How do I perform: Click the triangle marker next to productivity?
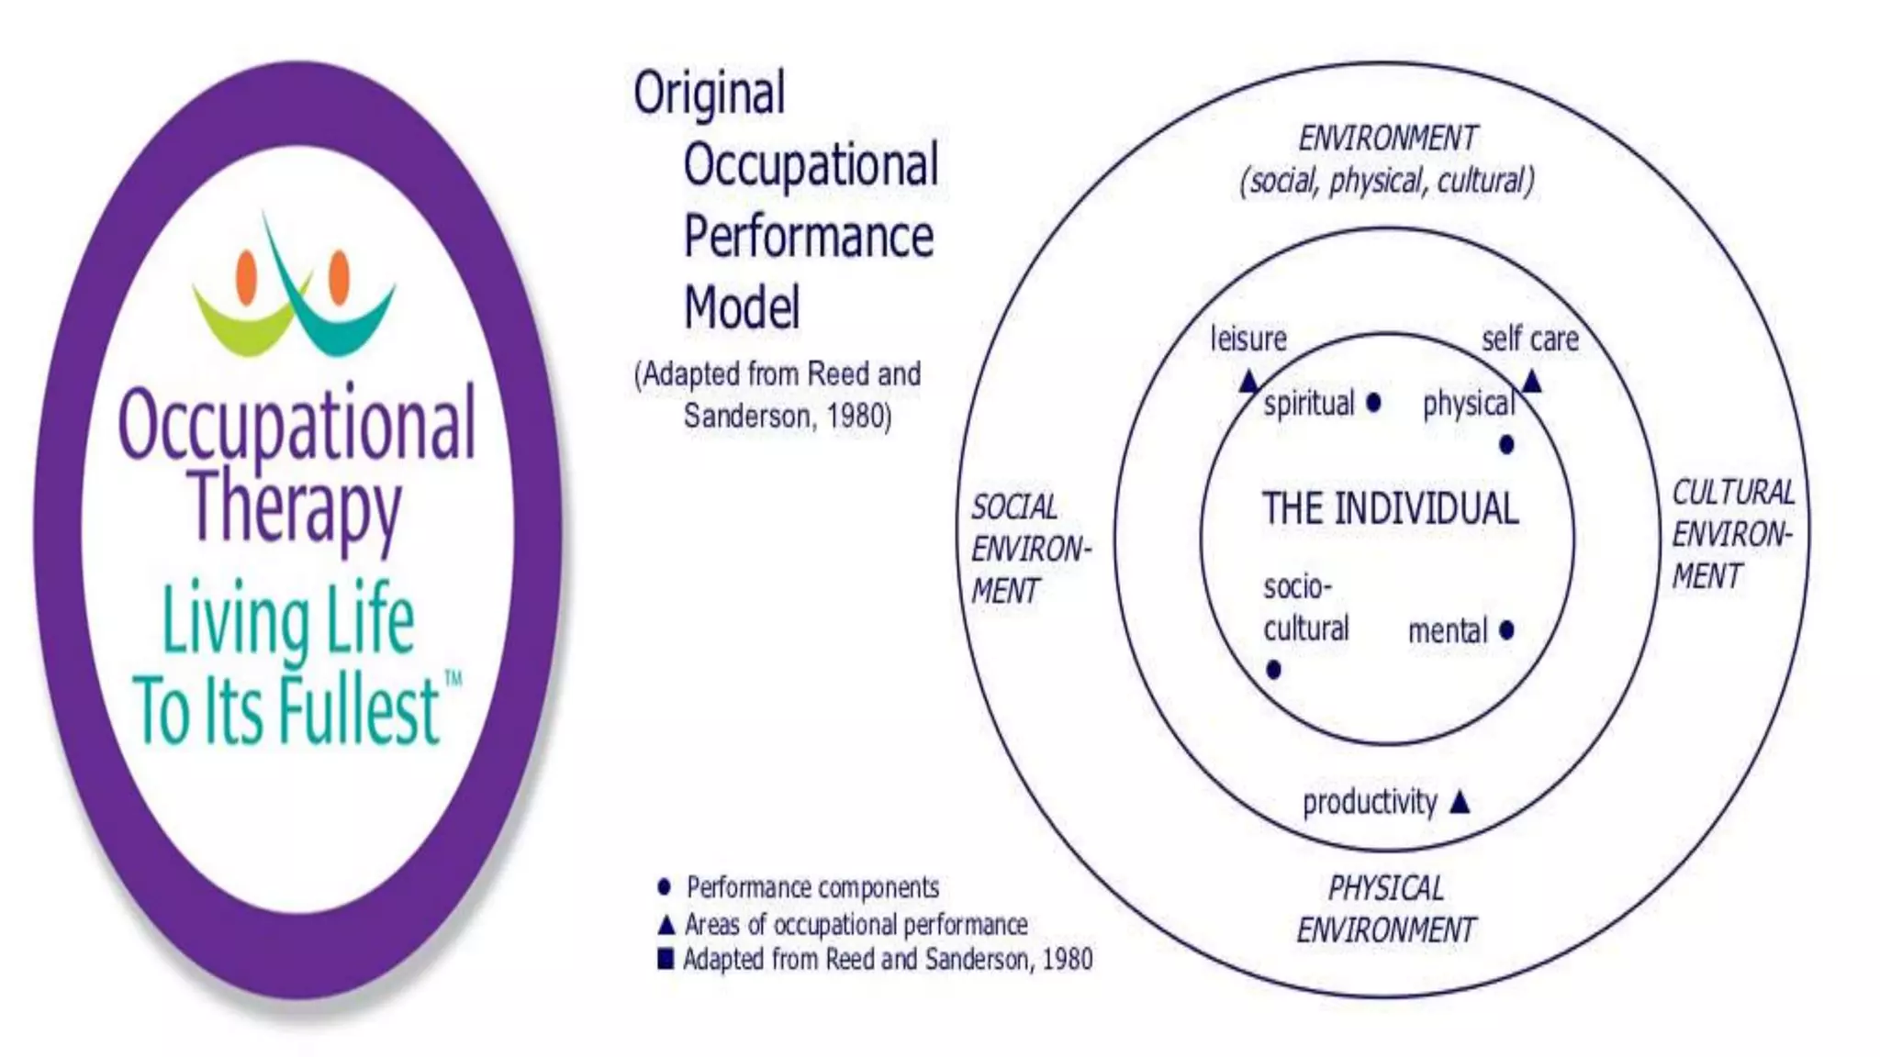coord(1460,804)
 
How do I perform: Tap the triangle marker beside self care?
coord(1530,381)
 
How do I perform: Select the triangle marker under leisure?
coord(1248,381)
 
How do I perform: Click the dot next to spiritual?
coord(1373,403)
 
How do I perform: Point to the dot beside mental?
coord(1506,630)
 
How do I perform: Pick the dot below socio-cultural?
coord(1273,670)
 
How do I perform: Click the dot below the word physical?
coord(1506,445)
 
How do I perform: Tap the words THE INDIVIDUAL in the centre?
coord(1390,508)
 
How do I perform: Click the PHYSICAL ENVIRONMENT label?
coord(1386,908)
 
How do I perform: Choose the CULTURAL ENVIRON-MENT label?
coord(1731,534)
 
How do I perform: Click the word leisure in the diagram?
coord(1248,339)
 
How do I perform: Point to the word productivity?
coord(1369,802)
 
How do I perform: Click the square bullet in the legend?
coord(666,959)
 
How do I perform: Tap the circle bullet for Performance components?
coord(665,887)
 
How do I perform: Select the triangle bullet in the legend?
coord(666,924)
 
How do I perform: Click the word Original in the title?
coord(709,93)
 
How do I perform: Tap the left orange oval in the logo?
coord(246,276)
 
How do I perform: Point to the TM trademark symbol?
coord(453,679)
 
